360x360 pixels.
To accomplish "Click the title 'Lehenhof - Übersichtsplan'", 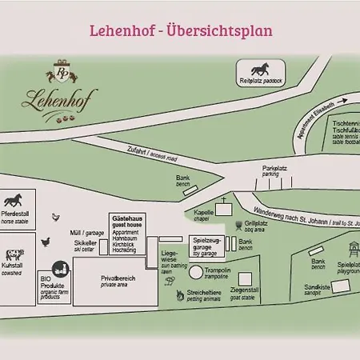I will coord(180,31).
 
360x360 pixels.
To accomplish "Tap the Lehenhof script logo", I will coord(62,102).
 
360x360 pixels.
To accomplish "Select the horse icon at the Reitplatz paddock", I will coord(261,70).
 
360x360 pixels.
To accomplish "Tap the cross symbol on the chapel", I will coord(224,199).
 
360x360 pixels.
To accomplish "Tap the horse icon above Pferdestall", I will coord(13,199).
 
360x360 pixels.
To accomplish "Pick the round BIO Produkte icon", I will coord(58,270).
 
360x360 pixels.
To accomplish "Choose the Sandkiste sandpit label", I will coord(318,289).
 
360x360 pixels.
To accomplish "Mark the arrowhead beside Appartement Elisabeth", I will coord(346,102).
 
